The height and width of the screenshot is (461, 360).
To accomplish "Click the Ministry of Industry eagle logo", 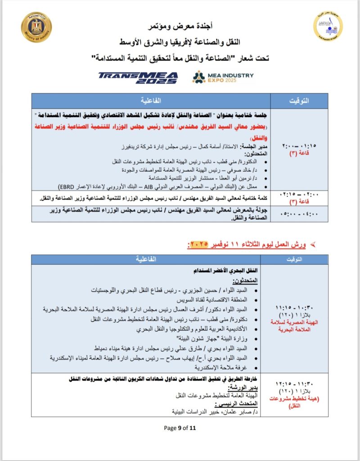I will (36, 27).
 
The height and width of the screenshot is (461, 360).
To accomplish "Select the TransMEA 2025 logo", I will (138, 78).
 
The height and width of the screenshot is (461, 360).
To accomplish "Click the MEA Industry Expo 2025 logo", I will (223, 78).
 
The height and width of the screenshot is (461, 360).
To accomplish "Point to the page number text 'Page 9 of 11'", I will (180, 428).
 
